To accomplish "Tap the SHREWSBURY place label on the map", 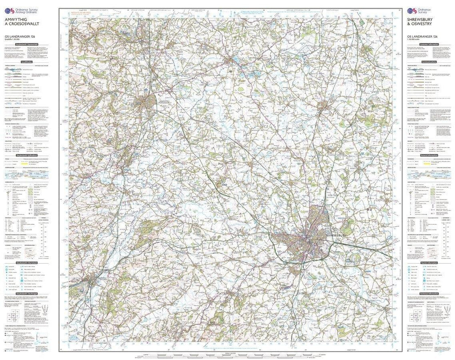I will click(x=338, y=234).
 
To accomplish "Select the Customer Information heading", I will click(x=430, y=45).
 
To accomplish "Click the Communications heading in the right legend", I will click(x=430, y=62).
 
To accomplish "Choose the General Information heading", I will click(x=430, y=156).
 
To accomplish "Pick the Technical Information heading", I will click(x=430, y=294).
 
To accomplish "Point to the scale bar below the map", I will click(x=227, y=354).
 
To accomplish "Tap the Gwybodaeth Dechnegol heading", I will click(x=27, y=294).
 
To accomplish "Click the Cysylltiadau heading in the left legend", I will click(x=27, y=62).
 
